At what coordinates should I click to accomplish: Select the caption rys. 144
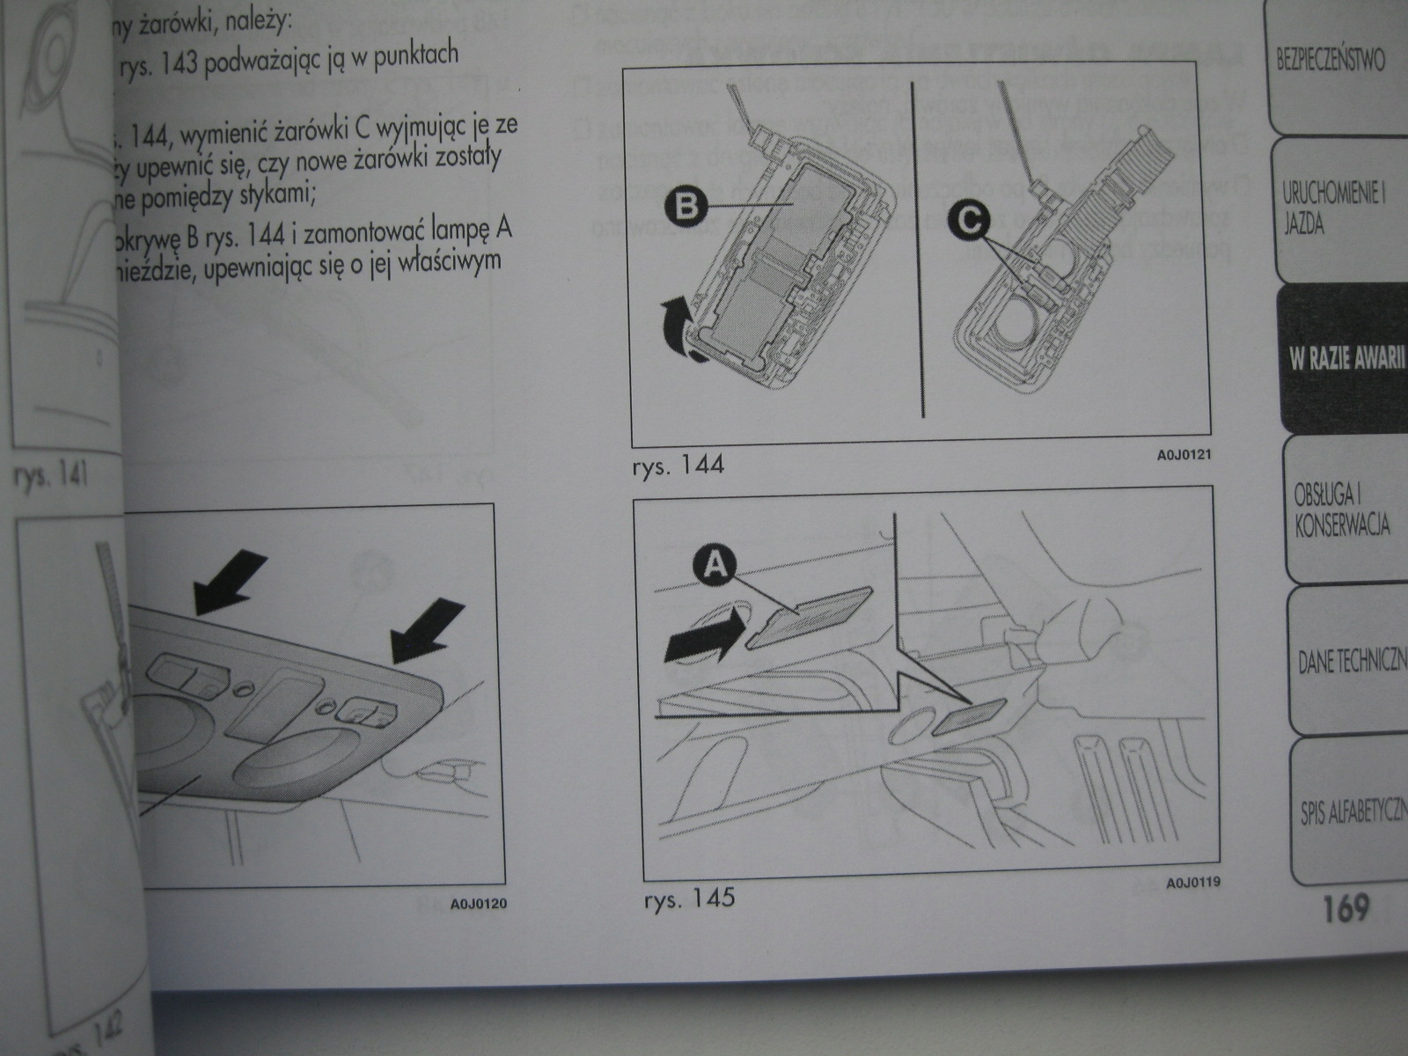[678, 465]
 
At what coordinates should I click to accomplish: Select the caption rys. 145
[689, 899]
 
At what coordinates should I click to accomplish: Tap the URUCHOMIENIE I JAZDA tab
[1333, 210]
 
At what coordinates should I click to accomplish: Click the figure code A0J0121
[1184, 458]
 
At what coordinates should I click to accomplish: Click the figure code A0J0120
[478, 904]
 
